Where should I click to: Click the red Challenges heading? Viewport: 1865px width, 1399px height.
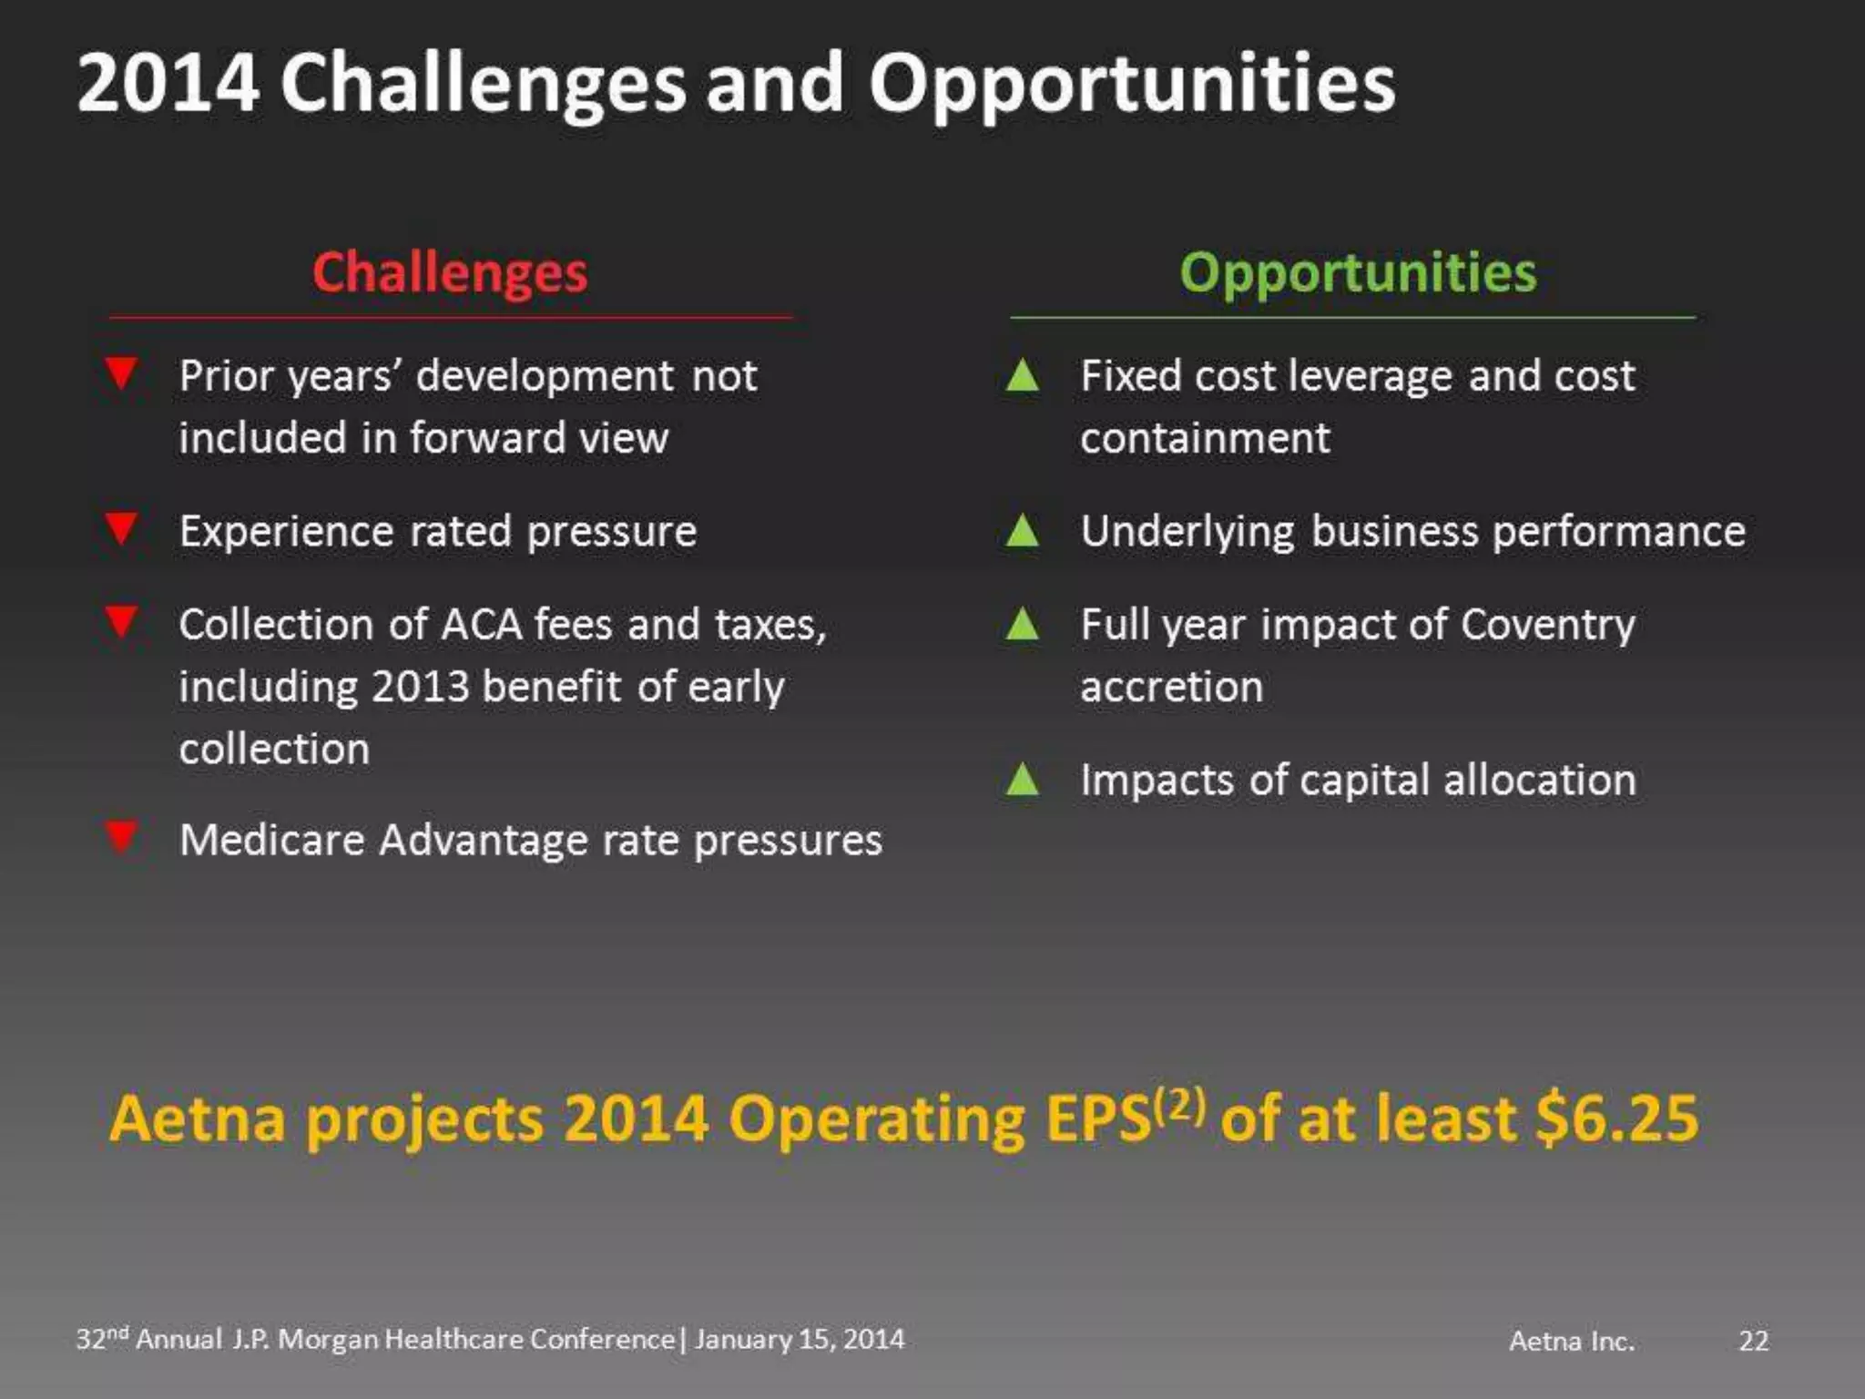[x=450, y=271]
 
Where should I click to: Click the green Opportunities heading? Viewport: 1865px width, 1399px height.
[x=1358, y=271]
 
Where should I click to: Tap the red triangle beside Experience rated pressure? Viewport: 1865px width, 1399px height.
[x=121, y=527]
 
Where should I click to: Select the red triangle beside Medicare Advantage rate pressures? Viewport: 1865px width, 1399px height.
[x=121, y=836]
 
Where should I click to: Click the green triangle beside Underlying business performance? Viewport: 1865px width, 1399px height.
[x=1023, y=530]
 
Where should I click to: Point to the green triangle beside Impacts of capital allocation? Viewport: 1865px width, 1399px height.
[x=1023, y=779]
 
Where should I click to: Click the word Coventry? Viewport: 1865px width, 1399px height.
[x=1548, y=626]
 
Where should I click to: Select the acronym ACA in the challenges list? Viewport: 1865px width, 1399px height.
[x=482, y=625]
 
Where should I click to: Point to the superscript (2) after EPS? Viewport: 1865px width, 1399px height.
[x=1179, y=1105]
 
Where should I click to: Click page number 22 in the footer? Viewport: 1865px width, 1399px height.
[x=1753, y=1341]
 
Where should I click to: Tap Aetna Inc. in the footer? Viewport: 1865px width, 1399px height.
[x=1572, y=1341]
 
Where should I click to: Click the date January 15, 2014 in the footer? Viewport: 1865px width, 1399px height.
[x=799, y=1339]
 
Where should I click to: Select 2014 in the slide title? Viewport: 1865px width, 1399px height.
[x=168, y=84]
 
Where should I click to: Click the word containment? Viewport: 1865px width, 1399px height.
[x=1205, y=438]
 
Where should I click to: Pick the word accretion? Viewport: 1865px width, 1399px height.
[x=1172, y=687]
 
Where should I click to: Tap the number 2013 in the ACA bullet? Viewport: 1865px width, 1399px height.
[x=420, y=687]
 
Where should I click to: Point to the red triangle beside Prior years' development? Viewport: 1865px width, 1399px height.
[x=121, y=373]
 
